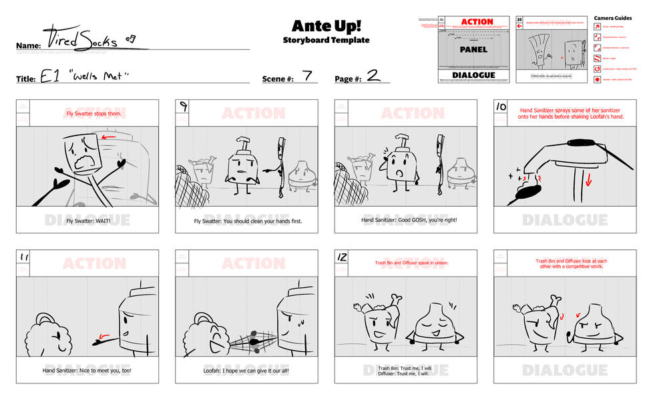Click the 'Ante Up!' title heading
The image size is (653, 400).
326,25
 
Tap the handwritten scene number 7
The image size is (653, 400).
307,75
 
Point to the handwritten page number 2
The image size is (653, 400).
374,75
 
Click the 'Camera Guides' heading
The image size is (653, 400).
612,18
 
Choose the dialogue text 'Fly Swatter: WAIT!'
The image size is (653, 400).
87,221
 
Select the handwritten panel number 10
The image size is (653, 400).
501,106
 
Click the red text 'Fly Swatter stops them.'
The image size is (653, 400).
87,113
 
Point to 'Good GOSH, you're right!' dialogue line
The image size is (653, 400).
405,221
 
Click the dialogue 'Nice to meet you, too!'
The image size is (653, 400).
87,371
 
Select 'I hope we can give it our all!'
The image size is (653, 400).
246,371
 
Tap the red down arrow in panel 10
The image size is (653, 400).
588,179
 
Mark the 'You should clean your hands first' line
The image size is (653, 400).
246,221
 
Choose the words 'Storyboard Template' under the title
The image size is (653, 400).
326,41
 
